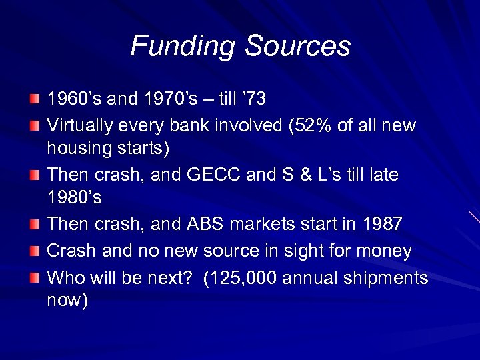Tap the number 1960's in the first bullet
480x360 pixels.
click(74, 99)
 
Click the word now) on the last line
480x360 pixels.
click(67, 301)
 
